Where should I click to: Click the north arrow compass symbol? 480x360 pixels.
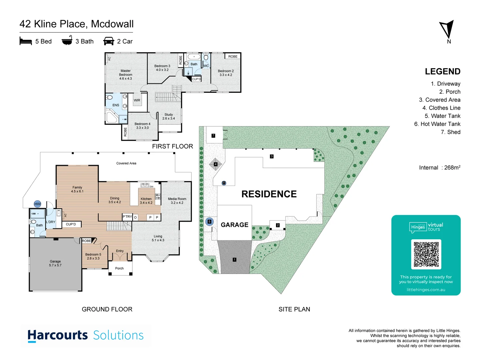tap(447, 29)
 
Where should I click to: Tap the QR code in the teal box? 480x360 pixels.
tap(426, 254)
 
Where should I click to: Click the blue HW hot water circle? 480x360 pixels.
tap(37, 204)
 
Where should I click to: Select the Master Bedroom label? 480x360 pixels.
tap(126, 75)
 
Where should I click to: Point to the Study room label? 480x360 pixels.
tap(169, 116)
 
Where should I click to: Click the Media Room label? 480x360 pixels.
tap(177, 201)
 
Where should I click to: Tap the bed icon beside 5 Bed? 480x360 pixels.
tap(26, 41)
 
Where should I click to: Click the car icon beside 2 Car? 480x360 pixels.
tap(109, 41)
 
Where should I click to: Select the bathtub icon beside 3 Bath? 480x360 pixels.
tap(67, 41)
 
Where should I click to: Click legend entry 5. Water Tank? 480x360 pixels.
tap(442, 116)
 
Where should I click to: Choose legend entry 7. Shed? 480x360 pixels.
tap(450, 132)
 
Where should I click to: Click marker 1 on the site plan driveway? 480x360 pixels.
tap(234, 260)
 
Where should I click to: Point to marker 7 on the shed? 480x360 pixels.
tap(213, 136)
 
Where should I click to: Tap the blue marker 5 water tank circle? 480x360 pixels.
tap(209, 222)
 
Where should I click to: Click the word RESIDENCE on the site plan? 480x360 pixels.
tap(269, 194)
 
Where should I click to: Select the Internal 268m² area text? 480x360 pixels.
tap(440, 168)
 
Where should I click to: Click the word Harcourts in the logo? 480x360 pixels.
tap(58, 335)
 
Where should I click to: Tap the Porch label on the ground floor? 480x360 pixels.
tap(119, 268)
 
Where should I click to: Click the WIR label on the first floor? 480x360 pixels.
tap(137, 100)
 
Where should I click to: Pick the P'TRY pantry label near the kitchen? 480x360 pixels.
tap(127, 217)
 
